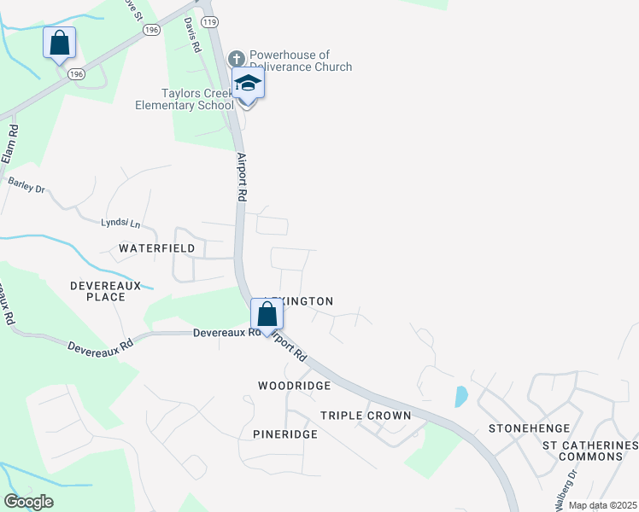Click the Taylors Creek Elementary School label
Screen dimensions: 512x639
(x=185, y=99)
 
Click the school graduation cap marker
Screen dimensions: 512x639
(x=248, y=84)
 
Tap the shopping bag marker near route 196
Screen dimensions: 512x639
(x=59, y=43)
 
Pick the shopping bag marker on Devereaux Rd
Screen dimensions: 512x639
(x=267, y=314)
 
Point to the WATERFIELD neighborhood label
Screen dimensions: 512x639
(x=156, y=248)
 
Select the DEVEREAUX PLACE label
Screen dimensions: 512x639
(x=106, y=290)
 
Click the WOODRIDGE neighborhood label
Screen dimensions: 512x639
(x=294, y=386)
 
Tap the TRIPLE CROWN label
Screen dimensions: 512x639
(x=366, y=416)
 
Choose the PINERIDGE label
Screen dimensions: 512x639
(x=285, y=434)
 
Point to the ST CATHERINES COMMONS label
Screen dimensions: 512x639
(x=590, y=451)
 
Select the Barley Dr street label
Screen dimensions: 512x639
(x=26, y=183)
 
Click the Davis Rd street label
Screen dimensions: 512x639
(x=192, y=36)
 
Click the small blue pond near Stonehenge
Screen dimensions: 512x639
(x=461, y=396)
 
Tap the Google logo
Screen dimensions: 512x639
(x=28, y=502)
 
